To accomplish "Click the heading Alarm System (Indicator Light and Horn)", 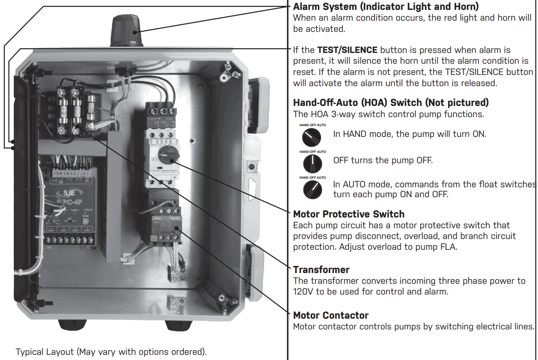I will (386, 7).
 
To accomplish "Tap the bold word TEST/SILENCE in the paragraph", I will (347, 50).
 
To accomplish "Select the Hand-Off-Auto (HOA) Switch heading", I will (391, 102).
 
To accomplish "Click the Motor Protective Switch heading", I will (349, 214).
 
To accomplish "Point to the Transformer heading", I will (321, 270).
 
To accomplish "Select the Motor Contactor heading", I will (331, 315).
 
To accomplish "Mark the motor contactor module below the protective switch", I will (164, 224).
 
